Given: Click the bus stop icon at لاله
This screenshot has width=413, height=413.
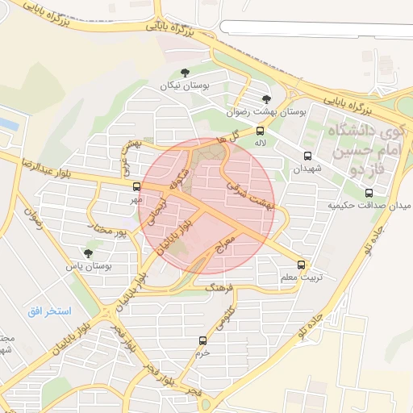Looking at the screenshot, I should point(260,130).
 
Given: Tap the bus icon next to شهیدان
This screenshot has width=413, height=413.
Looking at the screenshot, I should point(307,156).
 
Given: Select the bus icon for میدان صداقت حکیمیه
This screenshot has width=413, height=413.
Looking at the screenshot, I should point(369,193).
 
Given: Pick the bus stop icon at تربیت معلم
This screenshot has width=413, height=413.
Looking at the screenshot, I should point(301,265).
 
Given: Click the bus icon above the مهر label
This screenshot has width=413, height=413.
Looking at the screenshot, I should point(136,186).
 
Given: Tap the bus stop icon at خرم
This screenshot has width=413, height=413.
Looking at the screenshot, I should point(202,340).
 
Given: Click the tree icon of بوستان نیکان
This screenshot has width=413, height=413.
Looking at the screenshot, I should point(186,73).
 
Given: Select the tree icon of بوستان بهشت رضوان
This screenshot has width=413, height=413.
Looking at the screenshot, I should point(265,99).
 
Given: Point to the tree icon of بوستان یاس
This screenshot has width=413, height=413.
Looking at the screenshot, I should point(88,252).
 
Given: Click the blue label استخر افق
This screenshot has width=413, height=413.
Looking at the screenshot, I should point(49,311).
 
